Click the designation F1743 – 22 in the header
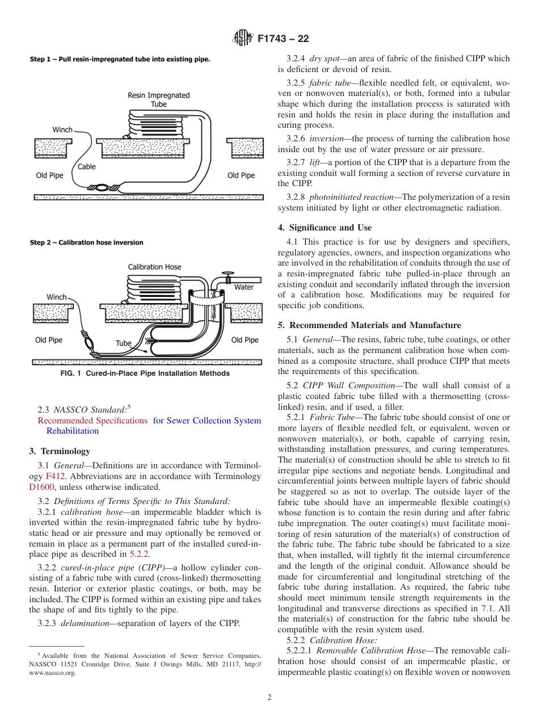pyautogui.click(x=283, y=39)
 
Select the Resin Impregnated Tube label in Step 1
pyautogui.click(x=159, y=100)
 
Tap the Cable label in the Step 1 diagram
pyautogui.click(x=87, y=167)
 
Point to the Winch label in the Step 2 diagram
pyautogui.click(x=57, y=297)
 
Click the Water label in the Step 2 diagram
pyautogui.click(x=244, y=287)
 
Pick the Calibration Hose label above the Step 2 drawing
pyautogui.click(x=154, y=267)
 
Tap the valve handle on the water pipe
pyautogui.click(x=228, y=275)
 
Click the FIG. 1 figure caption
pyautogui.click(x=145, y=373)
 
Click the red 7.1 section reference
pyautogui.click(x=487, y=608)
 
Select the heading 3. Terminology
pyautogui.click(x=60, y=451)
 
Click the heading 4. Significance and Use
pyautogui.click(x=325, y=228)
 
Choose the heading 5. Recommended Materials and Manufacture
pyautogui.click(x=369, y=325)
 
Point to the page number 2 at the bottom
pyautogui.click(x=269, y=698)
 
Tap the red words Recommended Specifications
pyautogui.click(x=92, y=421)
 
